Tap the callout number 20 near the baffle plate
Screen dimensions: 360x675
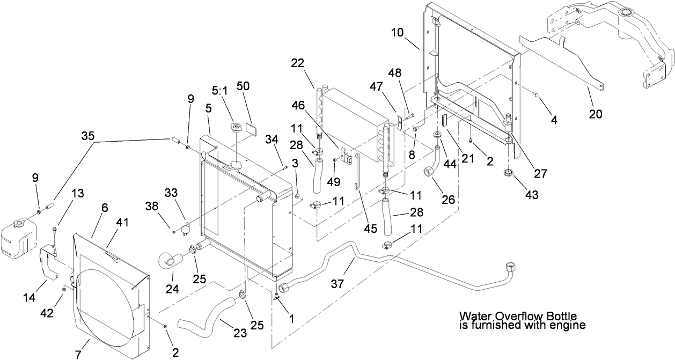point(596,114)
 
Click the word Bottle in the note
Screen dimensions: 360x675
point(562,317)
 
